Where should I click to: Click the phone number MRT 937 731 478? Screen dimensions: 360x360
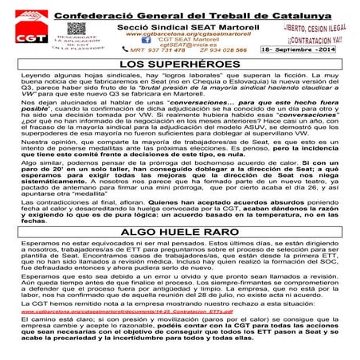(153, 50)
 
